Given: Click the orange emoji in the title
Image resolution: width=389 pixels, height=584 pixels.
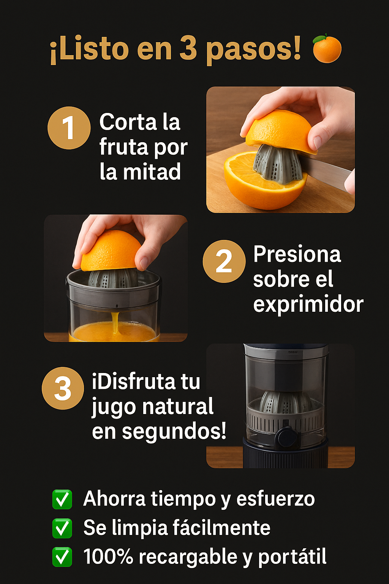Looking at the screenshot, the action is pyautogui.click(x=327, y=48).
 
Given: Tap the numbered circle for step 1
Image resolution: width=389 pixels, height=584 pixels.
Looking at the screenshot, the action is pyautogui.click(x=69, y=128).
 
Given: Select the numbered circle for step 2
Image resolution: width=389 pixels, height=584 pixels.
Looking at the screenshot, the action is pyautogui.click(x=224, y=261).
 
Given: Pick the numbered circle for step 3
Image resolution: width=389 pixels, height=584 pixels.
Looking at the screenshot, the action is pyautogui.click(x=63, y=388).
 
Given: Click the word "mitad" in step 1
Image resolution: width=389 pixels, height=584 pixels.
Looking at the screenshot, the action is pyautogui.click(x=152, y=171).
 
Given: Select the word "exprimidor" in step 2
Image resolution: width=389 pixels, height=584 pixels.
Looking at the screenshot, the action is pyautogui.click(x=308, y=304).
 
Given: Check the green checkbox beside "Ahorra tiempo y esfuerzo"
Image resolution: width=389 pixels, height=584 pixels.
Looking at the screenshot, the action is pyautogui.click(x=62, y=499).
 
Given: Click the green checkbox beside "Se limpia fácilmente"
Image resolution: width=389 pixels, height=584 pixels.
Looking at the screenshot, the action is pyautogui.click(x=62, y=528).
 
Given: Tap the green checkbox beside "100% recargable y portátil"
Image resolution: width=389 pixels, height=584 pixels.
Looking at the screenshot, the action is pyautogui.click(x=62, y=557).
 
